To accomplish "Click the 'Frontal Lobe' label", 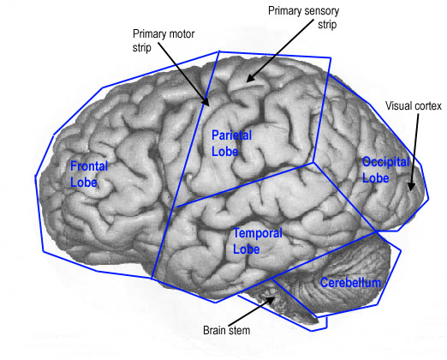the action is [89, 174].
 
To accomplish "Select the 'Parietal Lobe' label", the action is [231, 143].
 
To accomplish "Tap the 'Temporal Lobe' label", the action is [258, 241].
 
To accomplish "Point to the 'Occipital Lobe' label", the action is [386, 170].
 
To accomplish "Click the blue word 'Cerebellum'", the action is [350, 283].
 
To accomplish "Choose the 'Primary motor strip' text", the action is [164, 40].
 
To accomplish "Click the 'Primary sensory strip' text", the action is [304, 17].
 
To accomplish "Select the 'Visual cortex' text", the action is [414, 106].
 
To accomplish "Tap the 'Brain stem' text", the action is [227, 330].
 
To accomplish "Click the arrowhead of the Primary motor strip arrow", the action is [206, 102].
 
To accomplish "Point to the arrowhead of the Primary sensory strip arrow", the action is [250, 78].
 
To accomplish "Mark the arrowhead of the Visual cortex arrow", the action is [411, 187].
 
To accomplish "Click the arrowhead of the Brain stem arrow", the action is [271, 300].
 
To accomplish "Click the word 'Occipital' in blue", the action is [386, 162].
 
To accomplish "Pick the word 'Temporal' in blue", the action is [258, 233].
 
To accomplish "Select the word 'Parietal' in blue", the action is [231, 135].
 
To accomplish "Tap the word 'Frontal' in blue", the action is [89, 166].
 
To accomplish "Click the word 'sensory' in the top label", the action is [322, 11].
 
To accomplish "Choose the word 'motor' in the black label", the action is [182, 34].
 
